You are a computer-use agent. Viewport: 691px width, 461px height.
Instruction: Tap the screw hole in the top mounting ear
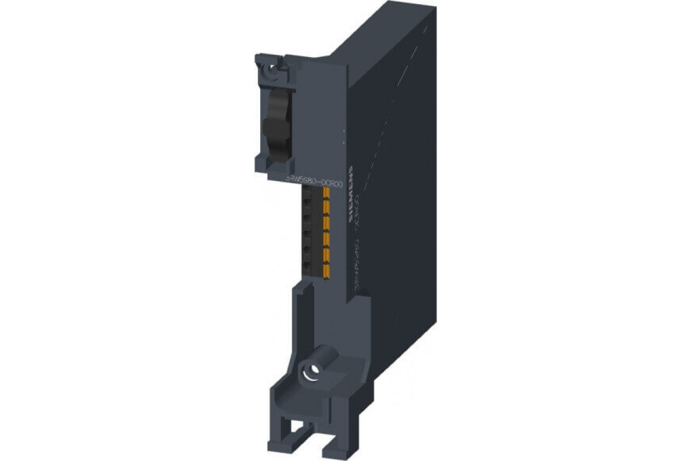[x=269, y=72]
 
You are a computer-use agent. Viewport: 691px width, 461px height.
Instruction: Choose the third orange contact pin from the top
[x=326, y=222]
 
